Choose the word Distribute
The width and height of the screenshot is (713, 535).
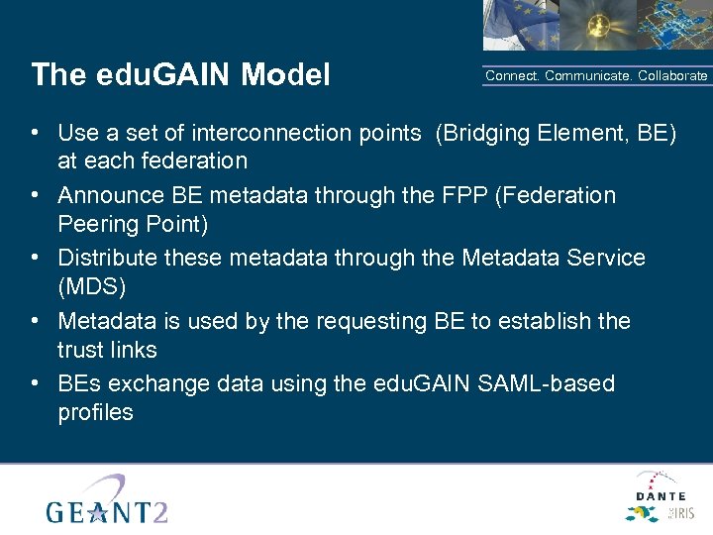tap(106, 259)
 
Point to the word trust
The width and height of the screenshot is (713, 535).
tap(79, 350)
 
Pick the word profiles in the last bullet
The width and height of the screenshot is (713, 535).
tap(95, 412)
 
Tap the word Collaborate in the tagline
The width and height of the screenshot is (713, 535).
tap(672, 76)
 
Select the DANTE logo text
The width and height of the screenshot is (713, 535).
tap(661, 495)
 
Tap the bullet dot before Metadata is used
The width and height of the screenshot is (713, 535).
tap(35, 321)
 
